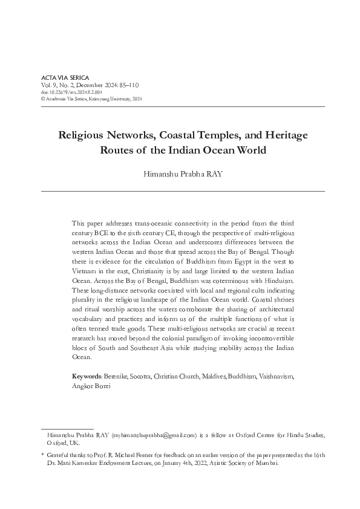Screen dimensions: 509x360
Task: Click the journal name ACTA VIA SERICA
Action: [x=64, y=79]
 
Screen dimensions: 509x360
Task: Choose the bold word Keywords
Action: [x=87, y=376]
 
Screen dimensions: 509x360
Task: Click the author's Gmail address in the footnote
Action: [x=157, y=434]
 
